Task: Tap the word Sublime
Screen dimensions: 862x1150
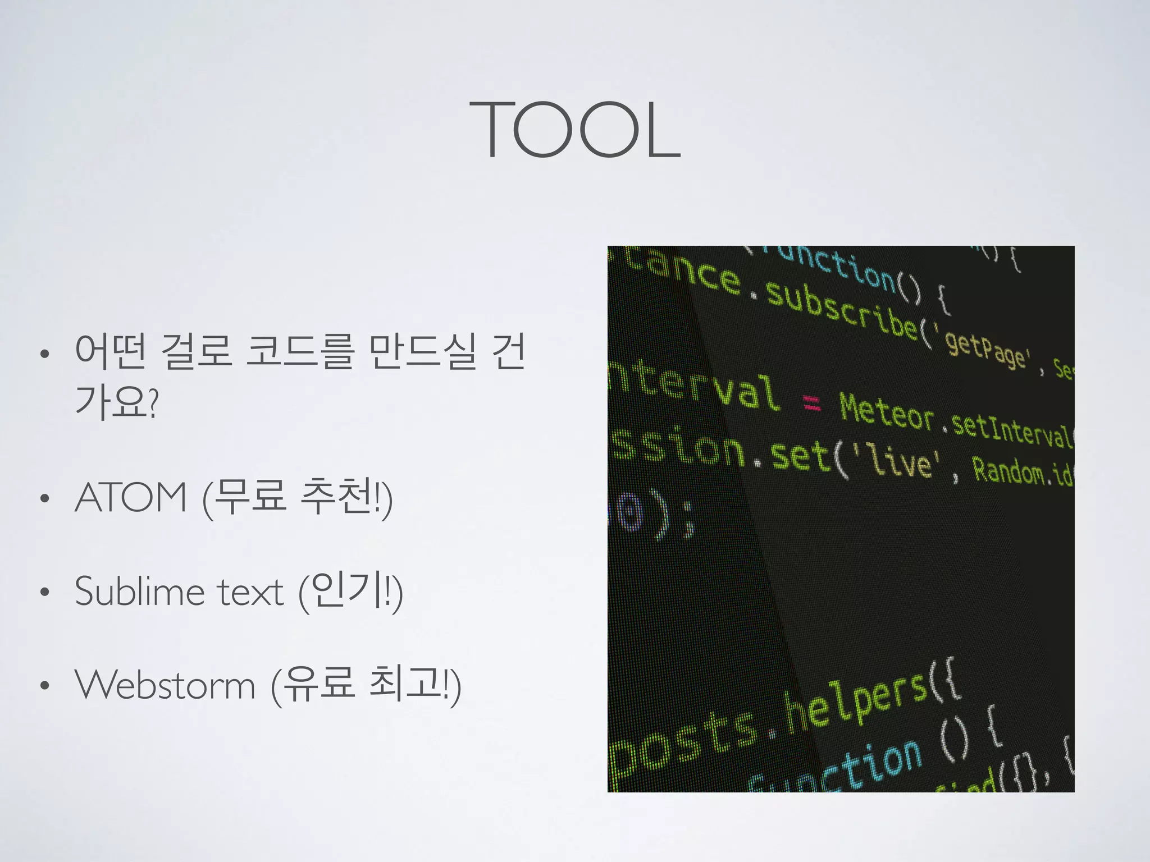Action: coord(140,592)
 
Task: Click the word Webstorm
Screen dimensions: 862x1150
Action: coord(166,685)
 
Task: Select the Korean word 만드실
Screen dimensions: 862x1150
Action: coord(424,351)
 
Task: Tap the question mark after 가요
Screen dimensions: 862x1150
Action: coord(153,403)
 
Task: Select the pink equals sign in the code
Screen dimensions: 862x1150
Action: coord(811,402)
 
